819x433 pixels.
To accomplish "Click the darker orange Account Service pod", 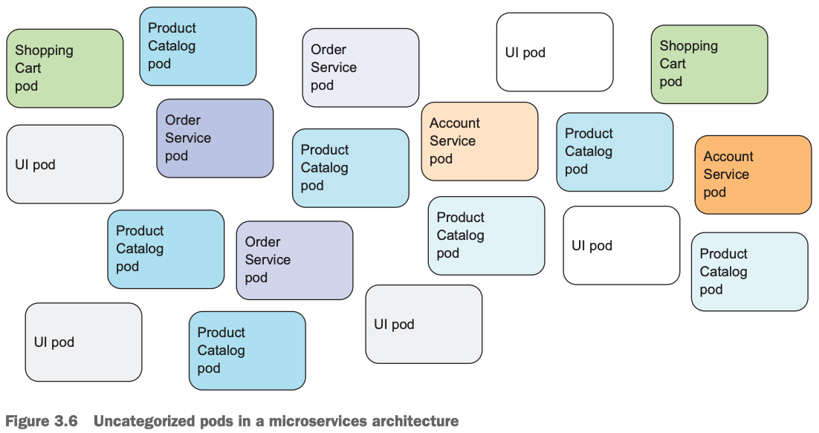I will pyautogui.click(x=753, y=175).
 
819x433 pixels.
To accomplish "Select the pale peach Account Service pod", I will pyautogui.click(x=479, y=141).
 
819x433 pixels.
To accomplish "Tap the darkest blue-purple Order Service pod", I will pyautogui.click(x=215, y=138).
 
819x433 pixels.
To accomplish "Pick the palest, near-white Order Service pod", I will pyautogui.click(x=360, y=68).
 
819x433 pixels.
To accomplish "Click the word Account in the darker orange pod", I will pyautogui.click(x=728, y=157).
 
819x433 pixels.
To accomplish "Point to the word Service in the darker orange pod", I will pyautogui.click(x=726, y=175).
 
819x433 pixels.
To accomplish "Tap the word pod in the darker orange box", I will pyautogui.click(x=714, y=192).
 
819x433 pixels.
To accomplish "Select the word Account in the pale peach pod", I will pyautogui.click(x=455, y=123).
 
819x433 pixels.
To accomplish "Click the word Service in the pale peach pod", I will pyautogui.click(x=453, y=141).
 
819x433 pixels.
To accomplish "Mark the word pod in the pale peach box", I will pyautogui.click(x=441, y=159).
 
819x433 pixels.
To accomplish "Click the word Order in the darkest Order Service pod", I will pyautogui.click(x=183, y=120).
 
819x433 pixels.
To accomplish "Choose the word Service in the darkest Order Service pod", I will pyautogui.click(x=188, y=138).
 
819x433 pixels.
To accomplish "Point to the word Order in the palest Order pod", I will pyautogui.click(x=328, y=50).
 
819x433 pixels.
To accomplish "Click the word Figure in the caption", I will pyautogui.click(x=27, y=422).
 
